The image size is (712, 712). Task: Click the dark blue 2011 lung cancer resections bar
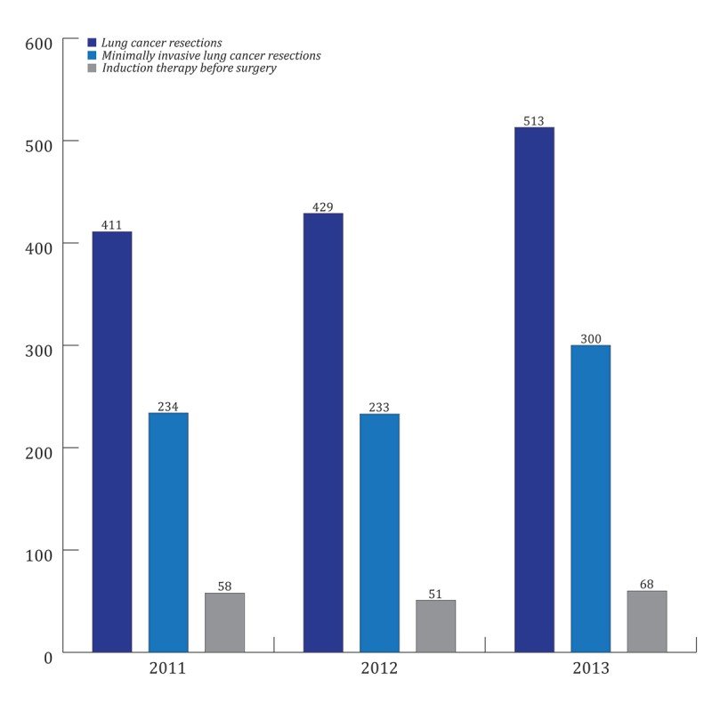pyautogui.click(x=112, y=442)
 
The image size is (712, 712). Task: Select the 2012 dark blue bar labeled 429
pyautogui.click(x=323, y=433)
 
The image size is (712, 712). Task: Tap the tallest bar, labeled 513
pyautogui.click(x=534, y=390)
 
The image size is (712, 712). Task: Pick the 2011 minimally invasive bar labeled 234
pyautogui.click(x=168, y=532)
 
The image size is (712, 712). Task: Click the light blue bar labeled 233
pyautogui.click(x=379, y=532)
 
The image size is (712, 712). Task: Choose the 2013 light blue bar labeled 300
pyautogui.click(x=590, y=498)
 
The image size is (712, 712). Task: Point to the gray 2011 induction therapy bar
pyautogui.click(x=224, y=622)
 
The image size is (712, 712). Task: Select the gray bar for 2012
pyautogui.click(x=435, y=626)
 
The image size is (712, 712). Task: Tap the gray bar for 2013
pyautogui.click(x=646, y=621)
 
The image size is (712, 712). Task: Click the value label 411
pyautogui.click(x=111, y=225)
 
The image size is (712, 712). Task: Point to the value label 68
pyautogui.click(x=646, y=584)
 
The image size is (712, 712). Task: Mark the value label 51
pyautogui.click(x=435, y=594)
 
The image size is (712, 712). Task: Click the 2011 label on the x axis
pyautogui.click(x=167, y=668)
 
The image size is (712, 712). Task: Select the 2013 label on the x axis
pyautogui.click(x=590, y=668)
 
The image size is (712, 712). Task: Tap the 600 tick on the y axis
pyautogui.click(x=39, y=42)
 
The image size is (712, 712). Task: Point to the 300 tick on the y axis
pyautogui.click(x=39, y=347)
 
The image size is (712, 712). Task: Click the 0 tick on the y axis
pyautogui.click(x=48, y=656)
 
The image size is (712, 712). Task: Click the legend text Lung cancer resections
pyautogui.click(x=161, y=42)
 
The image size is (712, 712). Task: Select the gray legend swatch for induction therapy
pyautogui.click(x=92, y=69)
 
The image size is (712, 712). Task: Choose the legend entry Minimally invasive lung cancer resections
pyautogui.click(x=210, y=55)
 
